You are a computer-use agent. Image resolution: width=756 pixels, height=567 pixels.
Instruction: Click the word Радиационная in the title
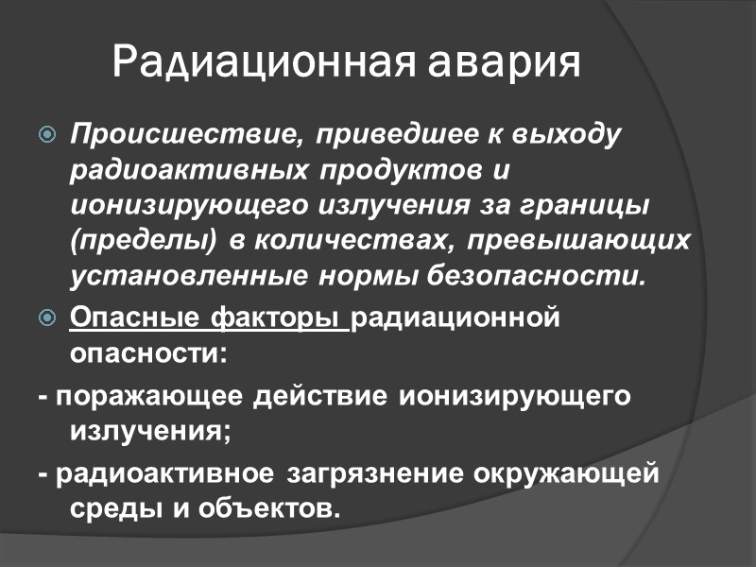[266, 62]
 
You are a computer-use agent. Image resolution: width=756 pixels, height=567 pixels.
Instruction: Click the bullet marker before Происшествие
[48, 134]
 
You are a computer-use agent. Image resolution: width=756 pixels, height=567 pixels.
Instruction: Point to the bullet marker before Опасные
[48, 319]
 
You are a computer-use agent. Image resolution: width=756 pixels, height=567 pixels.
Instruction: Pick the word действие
[320, 396]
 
